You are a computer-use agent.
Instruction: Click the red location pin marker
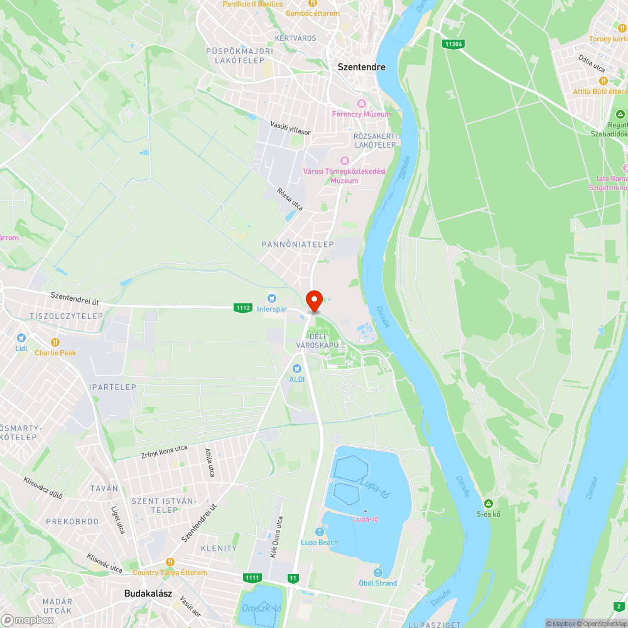(x=313, y=300)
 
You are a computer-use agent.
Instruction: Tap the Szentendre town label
(x=361, y=67)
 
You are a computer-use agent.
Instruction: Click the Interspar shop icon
(x=271, y=298)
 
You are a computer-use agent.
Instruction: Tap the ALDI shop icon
(x=296, y=368)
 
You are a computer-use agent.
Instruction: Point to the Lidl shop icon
(x=21, y=338)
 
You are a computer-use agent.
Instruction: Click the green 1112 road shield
(x=243, y=308)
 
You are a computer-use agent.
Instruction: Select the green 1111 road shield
(x=252, y=577)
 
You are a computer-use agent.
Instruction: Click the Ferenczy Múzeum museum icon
(x=361, y=104)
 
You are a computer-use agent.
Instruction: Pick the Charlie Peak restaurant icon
(x=55, y=342)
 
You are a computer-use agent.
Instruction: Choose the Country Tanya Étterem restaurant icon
(x=170, y=561)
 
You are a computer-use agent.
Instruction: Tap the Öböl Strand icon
(x=377, y=573)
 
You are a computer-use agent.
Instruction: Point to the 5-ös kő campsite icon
(x=488, y=504)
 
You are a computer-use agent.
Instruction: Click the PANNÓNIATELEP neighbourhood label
(x=298, y=244)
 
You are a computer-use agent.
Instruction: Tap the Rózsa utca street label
(x=290, y=198)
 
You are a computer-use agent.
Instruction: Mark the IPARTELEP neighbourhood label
(x=112, y=387)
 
